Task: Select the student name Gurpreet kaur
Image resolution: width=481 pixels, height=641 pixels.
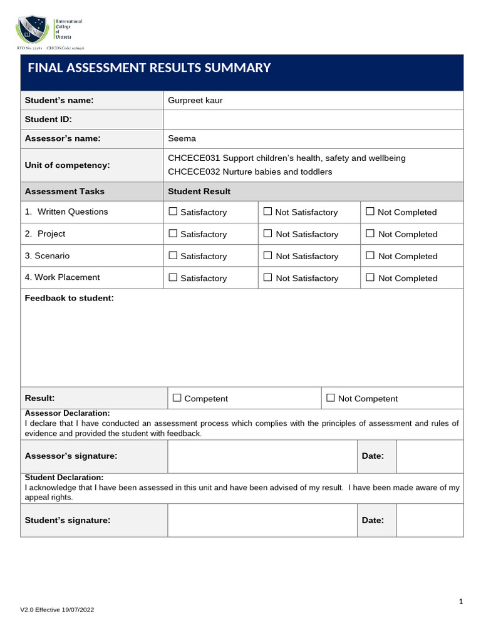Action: point(195,100)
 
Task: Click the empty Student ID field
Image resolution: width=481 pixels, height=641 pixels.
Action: point(313,120)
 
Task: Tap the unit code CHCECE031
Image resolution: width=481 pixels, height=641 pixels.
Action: point(194,158)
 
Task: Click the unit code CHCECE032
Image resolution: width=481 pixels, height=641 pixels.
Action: point(194,172)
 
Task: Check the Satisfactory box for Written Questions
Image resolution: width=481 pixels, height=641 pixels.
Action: point(173,212)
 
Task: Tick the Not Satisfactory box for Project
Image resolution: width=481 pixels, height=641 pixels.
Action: point(268,233)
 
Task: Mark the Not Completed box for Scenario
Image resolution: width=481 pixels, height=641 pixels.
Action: point(370,255)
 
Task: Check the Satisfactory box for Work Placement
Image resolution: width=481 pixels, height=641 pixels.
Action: point(173,277)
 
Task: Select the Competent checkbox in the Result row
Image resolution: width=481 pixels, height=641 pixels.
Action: point(177,397)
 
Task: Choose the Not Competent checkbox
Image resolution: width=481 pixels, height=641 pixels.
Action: point(331,397)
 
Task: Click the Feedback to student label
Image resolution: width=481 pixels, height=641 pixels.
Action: point(69,298)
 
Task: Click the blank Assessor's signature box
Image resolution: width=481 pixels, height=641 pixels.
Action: point(262,456)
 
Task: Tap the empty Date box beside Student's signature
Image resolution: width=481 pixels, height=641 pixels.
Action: point(430,520)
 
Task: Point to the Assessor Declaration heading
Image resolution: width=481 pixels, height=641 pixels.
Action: point(67,413)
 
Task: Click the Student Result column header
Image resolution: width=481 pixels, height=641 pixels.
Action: point(199,192)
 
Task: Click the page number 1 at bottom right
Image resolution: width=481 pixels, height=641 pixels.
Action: point(461,602)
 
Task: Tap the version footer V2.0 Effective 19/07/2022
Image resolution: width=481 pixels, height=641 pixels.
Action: point(57,609)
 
